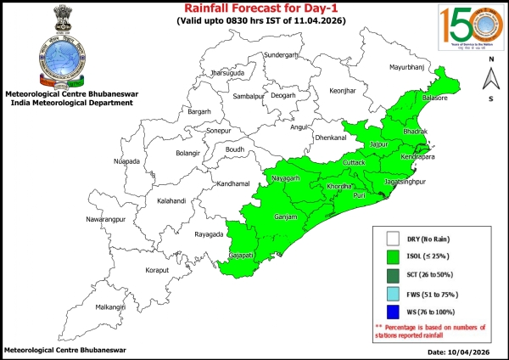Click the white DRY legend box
(x=392, y=239)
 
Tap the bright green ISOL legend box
(x=392, y=256)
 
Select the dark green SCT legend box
(x=392, y=274)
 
